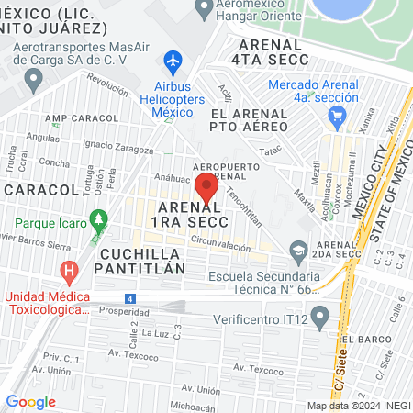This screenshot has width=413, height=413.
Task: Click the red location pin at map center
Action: (x=206, y=188)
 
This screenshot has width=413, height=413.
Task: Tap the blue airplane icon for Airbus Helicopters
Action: (x=171, y=61)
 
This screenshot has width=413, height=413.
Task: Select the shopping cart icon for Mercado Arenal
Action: (x=337, y=116)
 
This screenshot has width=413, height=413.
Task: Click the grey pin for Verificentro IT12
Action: (x=319, y=318)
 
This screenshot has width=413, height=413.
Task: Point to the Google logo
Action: (x=30, y=401)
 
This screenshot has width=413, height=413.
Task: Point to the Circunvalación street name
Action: (x=221, y=240)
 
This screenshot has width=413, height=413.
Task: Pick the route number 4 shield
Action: (x=131, y=298)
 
